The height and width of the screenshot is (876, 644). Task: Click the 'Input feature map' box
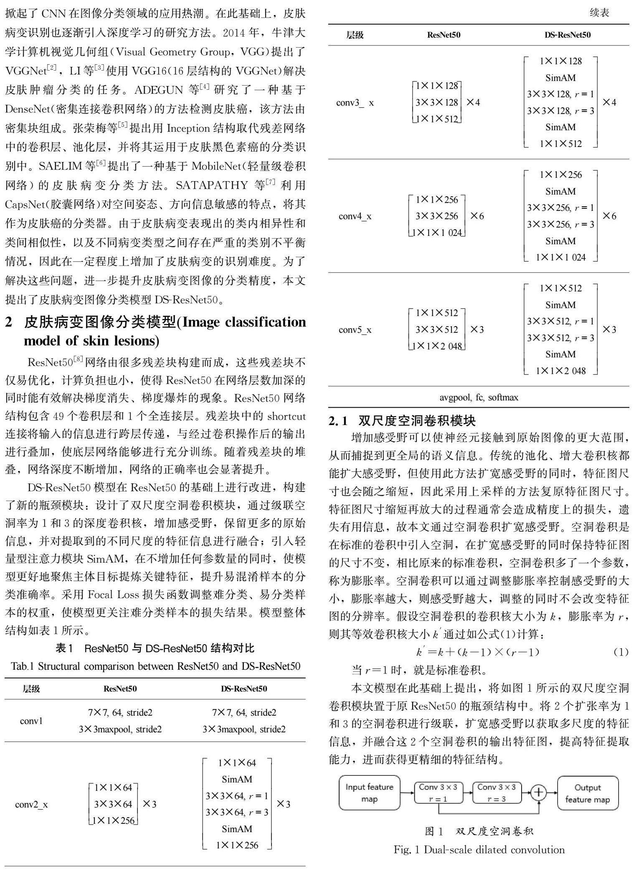pos(369,793)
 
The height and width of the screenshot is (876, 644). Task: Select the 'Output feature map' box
pos(588,793)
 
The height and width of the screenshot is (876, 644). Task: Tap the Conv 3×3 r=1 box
pos(438,792)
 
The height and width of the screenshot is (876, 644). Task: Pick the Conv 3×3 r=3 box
pos(497,792)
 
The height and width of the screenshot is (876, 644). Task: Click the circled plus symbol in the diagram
pos(539,792)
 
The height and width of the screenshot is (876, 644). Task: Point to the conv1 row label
pos(31,721)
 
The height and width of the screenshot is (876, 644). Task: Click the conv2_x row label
pos(31,804)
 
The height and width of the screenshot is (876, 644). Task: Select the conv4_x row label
pos(355,216)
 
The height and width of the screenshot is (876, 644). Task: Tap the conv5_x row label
pos(355,329)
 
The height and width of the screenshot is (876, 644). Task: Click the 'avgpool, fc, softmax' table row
pos(479,397)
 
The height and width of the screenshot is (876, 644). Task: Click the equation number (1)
pos(621,652)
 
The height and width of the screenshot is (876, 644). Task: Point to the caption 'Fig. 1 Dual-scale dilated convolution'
pos(479,850)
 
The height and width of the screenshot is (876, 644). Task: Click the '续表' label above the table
pos(599,13)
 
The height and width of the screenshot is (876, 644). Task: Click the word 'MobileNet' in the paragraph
pos(215,166)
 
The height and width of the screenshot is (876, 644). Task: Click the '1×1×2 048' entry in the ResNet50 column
pos(437,346)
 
